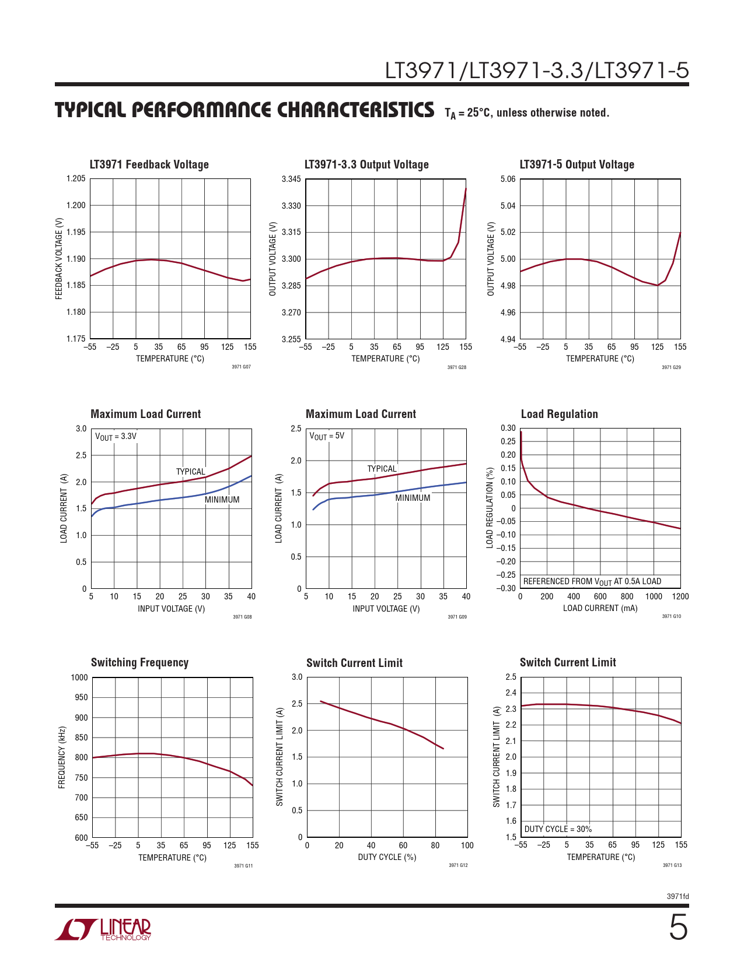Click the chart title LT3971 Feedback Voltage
click(149, 165)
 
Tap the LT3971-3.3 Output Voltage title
click(366, 165)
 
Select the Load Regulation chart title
click(559, 415)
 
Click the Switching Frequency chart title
click(139, 663)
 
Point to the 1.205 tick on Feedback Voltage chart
click(76, 179)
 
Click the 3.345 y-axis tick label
click(291, 180)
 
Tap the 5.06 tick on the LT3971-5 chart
click(508, 180)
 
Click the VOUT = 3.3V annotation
click(116, 437)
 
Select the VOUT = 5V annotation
click(327, 436)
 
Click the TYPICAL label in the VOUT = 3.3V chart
click(191, 472)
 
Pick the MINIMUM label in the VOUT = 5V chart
click(413, 498)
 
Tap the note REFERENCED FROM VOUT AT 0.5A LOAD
click(592, 581)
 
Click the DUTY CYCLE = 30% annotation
click(558, 829)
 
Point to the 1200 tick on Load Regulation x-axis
click(680, 596)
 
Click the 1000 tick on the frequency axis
click(79, 677)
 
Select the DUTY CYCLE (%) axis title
click(387, 857)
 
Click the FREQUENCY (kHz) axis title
click(61, 757)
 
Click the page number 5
click(677, 928)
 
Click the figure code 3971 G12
click(458, 865)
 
